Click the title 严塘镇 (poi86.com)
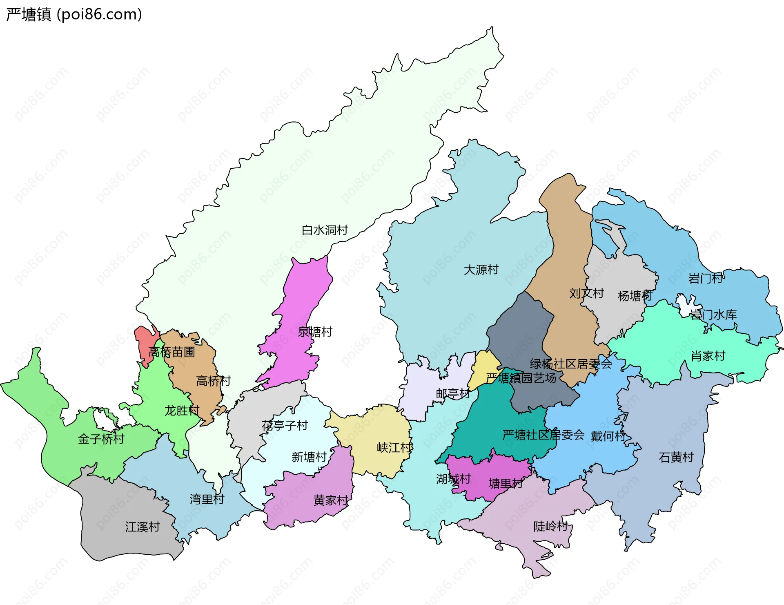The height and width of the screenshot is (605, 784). pos(74,14)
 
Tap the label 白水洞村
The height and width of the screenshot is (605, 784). pos(325,230)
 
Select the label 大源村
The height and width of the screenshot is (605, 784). pos(481,270)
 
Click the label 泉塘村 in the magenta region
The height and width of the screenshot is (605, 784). pos(315,332)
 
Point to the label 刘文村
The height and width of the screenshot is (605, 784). pos(586,293)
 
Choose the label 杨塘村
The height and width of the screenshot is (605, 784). pos(635,296)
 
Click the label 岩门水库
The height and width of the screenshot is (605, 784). pos(713,315)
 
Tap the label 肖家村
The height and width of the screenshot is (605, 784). pos(708,356)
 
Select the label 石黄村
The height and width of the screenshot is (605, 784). pos(676,457)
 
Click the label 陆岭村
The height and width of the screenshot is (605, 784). pos(551,526)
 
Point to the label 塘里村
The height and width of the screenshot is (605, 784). pos(506,484)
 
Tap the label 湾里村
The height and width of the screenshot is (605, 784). pos(207,499)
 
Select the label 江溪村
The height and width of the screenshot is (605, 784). pos(142,527)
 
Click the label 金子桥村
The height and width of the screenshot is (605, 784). pos(101,439)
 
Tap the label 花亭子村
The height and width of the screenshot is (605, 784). pos(285,426)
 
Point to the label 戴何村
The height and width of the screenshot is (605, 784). pos(608,436)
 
